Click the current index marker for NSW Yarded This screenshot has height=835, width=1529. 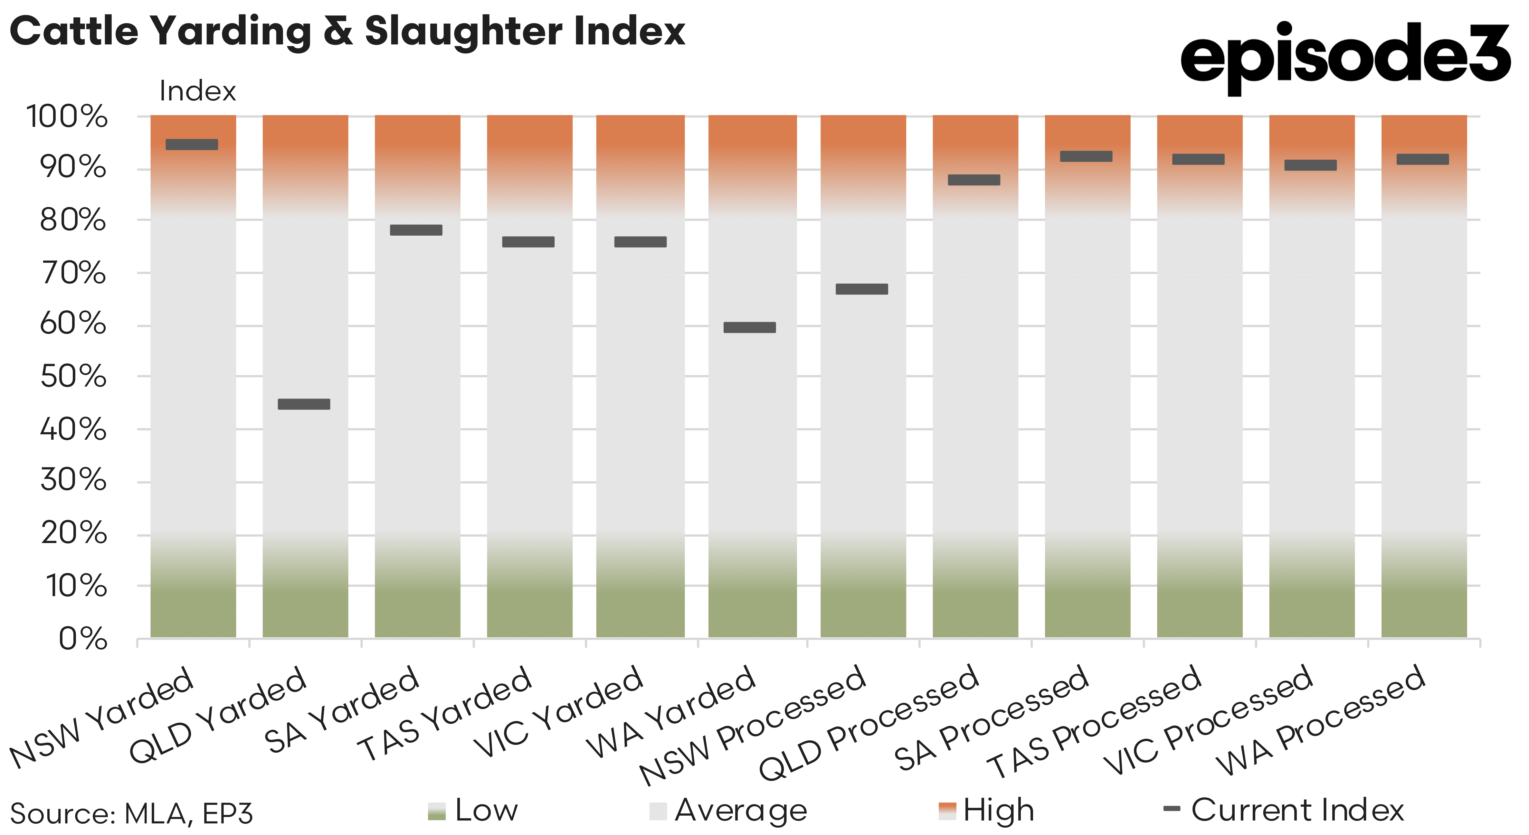click(192, 144)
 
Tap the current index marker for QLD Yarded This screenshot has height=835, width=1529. click(304, 404)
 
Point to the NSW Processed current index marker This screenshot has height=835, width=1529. click(862, 289)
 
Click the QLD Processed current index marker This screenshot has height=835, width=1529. click(974, 180)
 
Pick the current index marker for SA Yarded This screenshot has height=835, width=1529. click(416, 230)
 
